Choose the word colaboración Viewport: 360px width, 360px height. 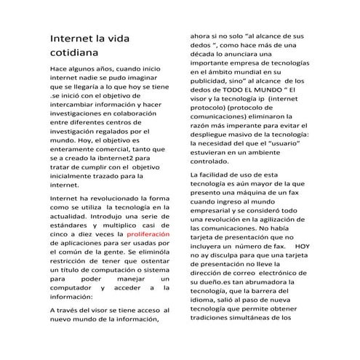143,108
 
